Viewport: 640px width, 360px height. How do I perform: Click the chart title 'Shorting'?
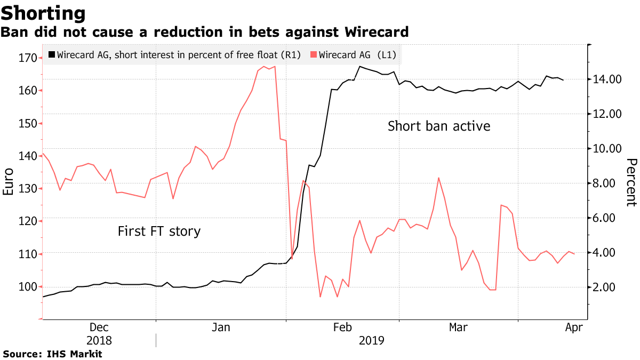pos(43,13)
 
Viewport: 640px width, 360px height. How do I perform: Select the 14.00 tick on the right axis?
pos(608,79)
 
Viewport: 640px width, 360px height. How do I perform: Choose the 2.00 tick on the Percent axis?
pos(606,287)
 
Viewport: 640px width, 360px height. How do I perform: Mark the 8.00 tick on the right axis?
pos(606,183)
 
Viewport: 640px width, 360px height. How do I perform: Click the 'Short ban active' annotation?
pos(438,126)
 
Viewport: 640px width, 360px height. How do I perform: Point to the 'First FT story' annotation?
pos(159,231)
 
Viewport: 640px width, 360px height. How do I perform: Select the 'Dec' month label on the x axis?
pos(99,327)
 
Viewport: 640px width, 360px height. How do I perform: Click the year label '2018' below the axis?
pos(99,340)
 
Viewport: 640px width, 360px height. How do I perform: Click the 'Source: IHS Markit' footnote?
pos(52,354)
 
